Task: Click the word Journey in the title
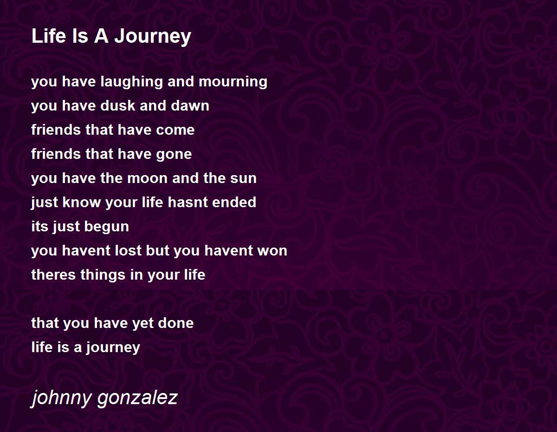153,37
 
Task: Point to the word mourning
233,82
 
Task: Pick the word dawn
190,106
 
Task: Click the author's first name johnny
61,398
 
